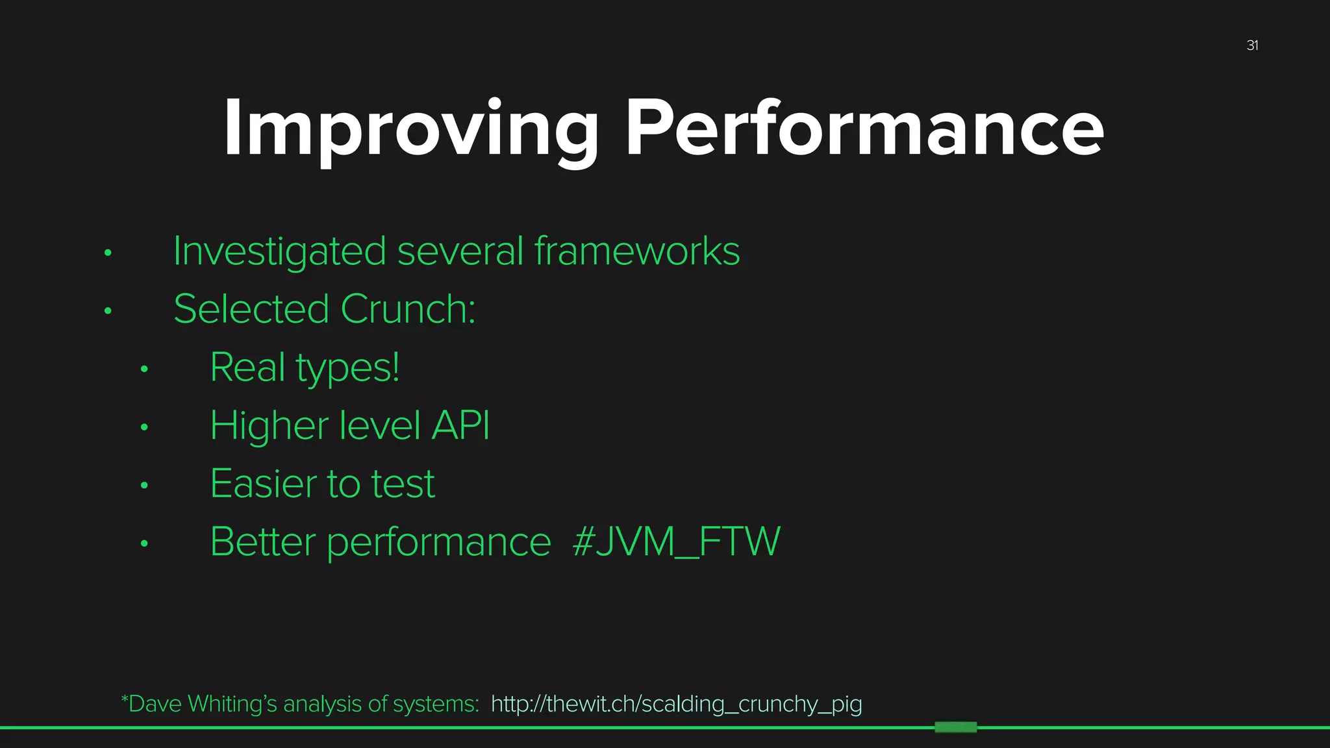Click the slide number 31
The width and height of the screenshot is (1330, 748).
(x=1252, y=45)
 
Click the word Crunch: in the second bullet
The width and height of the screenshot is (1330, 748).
(x=408, y=309)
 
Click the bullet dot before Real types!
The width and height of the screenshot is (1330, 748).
(x=144, y=369)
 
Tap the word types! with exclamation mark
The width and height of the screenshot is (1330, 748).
(x=348, y=369)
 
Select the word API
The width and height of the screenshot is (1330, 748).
(x=460, y=426)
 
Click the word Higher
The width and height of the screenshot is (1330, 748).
(x=269, y=426)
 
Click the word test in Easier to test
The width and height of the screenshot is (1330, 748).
(x=403, y=484)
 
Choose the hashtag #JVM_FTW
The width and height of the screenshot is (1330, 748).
(x=676, y=542)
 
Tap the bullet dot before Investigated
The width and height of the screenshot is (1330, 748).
(x=108, y=253)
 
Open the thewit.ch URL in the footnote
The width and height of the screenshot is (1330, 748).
(x=676, y=704)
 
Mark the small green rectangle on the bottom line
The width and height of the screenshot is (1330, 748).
(x=955, y=727)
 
